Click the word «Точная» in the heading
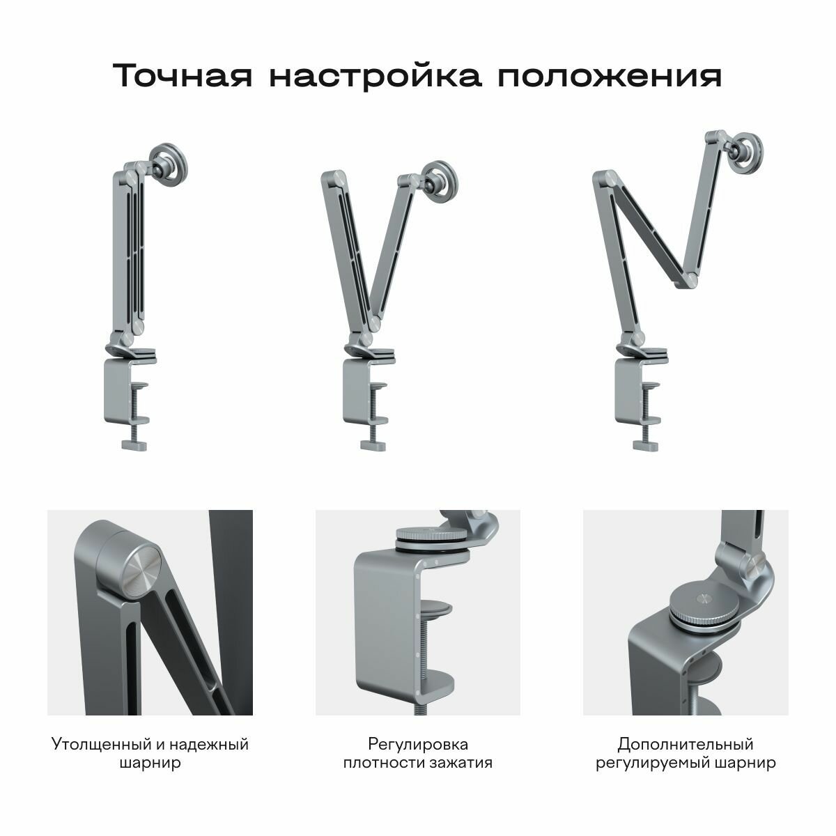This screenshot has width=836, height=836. pyautogui.click(x=181, y=75)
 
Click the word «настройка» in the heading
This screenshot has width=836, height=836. pyautogui.click(x=376, y=75)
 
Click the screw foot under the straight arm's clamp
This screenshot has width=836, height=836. pyautogui.click(x=139, y=444)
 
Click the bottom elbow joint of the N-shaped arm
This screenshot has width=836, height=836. pyautogui.click(x=690, y=280)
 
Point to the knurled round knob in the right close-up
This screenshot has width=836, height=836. pyautogui.click(x=704, y=605)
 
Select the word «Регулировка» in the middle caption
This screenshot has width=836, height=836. pyautogui.click(x=418, y=745)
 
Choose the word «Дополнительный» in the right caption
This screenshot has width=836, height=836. pyautogui.click(x=686, y=745)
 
